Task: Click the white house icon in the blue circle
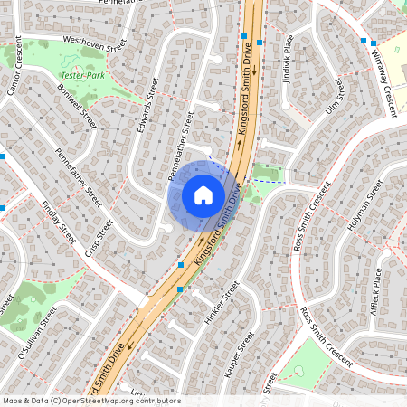point(203,194)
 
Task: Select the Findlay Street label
point(58,222)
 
